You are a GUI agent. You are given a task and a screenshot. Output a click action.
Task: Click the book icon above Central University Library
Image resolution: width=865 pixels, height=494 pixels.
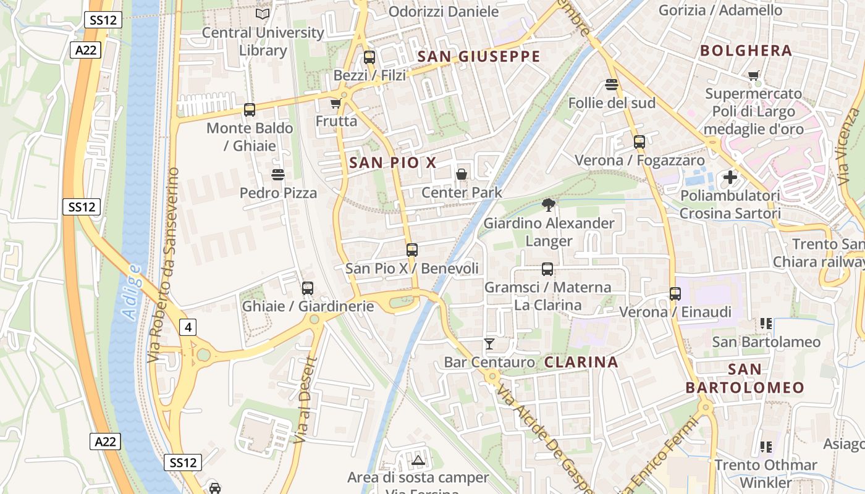click(263, 14)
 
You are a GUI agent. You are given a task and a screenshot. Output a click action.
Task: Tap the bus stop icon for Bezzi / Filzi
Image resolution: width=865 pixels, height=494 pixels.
click(369, 57)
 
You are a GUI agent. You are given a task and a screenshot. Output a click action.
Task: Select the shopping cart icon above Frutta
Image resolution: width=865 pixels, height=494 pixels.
click(335, 103)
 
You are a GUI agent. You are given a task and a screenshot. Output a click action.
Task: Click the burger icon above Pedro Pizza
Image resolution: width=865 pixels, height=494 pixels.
click(278, 175)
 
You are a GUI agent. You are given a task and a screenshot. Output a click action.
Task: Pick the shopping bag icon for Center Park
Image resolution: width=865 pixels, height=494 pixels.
click(462, 175)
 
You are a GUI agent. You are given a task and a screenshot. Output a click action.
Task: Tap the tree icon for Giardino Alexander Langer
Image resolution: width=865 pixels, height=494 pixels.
click(547, 205)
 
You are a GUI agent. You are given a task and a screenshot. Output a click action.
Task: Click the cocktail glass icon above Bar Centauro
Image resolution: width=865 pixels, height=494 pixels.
click(489, 344)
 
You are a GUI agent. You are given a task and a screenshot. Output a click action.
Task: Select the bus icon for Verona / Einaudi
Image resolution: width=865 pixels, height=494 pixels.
click(675, 294)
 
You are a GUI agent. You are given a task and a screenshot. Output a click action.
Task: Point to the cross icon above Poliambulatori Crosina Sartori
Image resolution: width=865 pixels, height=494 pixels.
click(730, 178)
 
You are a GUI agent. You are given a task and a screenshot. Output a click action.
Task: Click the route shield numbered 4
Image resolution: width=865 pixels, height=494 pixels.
click(188, 327)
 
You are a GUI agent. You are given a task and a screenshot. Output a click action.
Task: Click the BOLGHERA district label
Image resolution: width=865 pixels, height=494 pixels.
click(746, 51)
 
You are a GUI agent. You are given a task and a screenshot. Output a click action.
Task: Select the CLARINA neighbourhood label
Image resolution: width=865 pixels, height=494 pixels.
click(581, 362)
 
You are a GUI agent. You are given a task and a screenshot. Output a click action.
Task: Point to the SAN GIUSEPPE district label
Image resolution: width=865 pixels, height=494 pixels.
click(479, 57)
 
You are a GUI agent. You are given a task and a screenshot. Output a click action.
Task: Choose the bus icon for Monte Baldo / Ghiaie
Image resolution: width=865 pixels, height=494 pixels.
click(250, 110)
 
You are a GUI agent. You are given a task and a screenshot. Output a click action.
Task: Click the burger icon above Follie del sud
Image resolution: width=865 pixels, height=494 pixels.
click(612, 85)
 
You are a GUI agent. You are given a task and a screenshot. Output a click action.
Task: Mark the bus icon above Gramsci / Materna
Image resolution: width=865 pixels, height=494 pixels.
click(547, 269)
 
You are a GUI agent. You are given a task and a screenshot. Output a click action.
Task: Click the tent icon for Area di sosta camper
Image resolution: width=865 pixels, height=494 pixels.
click(419, 460)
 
